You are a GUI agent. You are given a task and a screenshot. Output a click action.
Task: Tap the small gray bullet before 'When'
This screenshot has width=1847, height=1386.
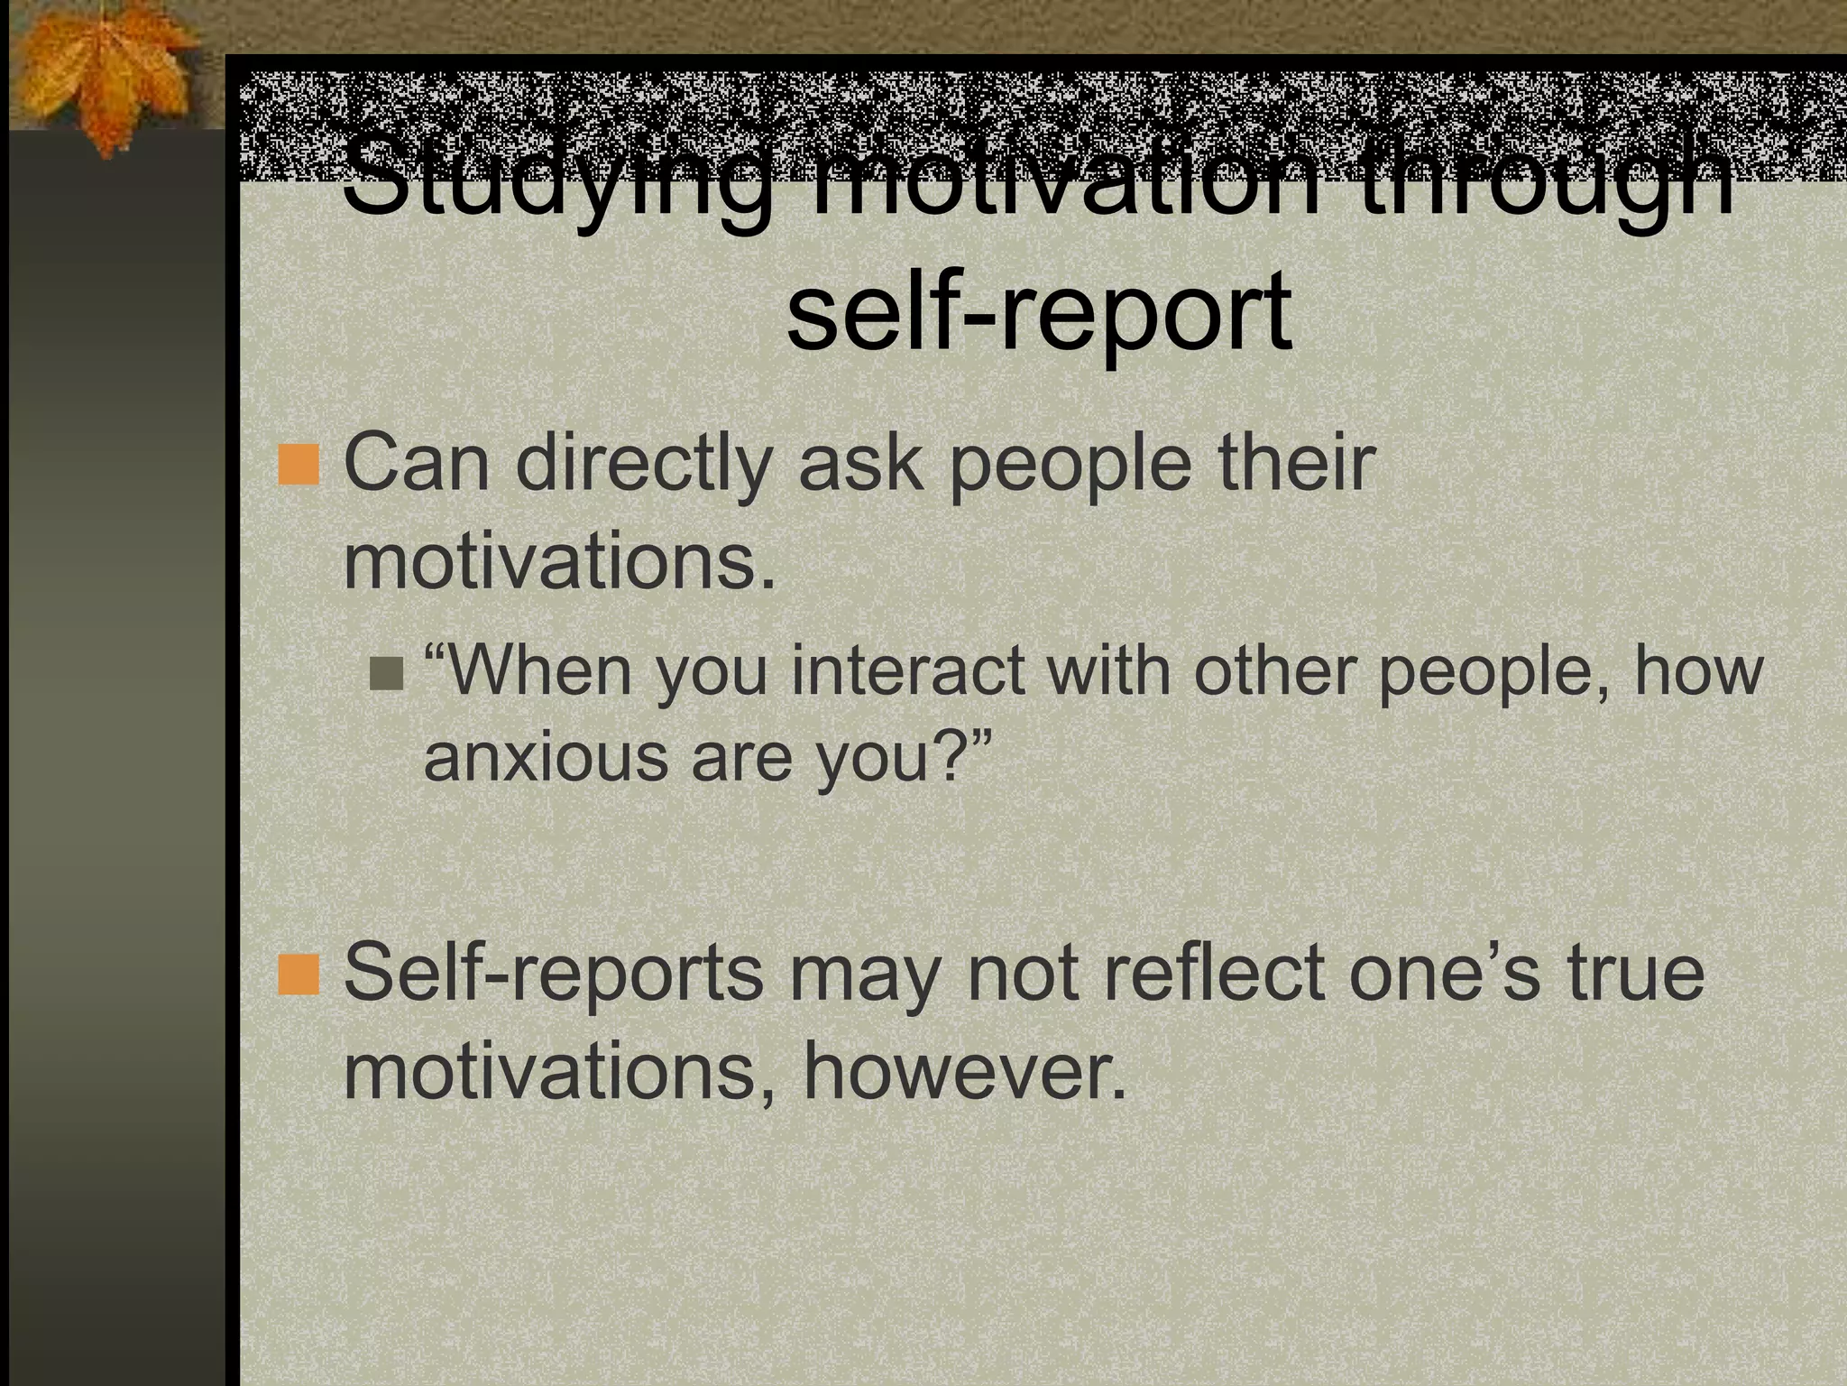[x=388, y=672]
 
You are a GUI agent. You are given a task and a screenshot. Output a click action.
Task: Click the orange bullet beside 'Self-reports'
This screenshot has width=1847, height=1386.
[x=299, y=975]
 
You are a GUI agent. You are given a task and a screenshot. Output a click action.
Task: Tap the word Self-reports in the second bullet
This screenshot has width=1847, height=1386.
[x=553, y=975]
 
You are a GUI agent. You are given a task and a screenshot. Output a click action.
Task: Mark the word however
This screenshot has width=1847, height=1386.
[x=964, y=1074]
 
